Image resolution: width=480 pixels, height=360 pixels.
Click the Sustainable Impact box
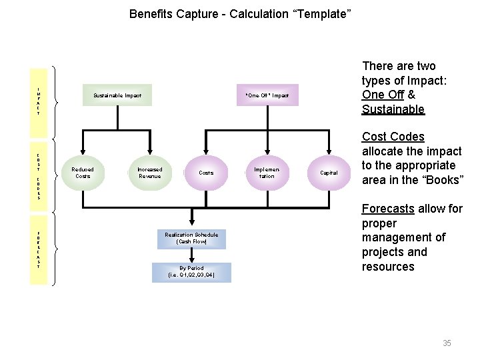(x=117, y=95)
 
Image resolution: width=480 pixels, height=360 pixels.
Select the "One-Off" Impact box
(x=267, y=95)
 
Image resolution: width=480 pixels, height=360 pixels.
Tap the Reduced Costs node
(x=83, y=173)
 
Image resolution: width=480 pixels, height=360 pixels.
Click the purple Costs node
(x=207, y=173)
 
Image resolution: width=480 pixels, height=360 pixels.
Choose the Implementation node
(x=267, y=173)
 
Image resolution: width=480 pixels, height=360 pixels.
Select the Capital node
(x=329, y=173)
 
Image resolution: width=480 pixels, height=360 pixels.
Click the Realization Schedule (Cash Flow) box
(x=191, y=238)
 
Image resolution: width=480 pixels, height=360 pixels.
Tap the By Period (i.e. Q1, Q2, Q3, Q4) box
(x=191, y=271)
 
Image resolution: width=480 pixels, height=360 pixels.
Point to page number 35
(x=447, y=343)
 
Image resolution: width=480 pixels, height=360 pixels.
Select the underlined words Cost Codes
(x=393, y=137)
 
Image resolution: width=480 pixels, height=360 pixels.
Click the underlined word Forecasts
(x=388, y=209)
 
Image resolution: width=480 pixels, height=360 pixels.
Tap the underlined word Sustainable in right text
(x=393, y=109)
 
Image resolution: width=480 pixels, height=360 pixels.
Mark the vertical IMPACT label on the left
(x=39, y=101)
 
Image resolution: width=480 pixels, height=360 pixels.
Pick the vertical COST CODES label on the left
(x=39, y=176)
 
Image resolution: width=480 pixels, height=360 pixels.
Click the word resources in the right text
(x=388, y=267)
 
